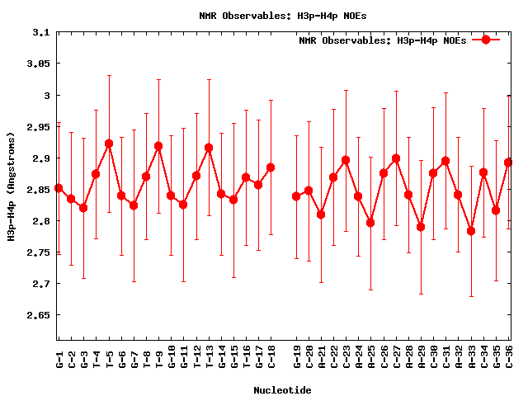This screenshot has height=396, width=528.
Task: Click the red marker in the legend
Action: point(486,40)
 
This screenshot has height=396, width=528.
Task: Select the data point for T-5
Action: point(109,144)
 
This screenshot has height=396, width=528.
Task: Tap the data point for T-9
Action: point(158,146)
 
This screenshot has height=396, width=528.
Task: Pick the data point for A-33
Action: point(471,231)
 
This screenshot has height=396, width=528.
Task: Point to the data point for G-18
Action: point(271,167)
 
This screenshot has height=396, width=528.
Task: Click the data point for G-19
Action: point(296,196)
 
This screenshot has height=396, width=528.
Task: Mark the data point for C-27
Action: point(396,158)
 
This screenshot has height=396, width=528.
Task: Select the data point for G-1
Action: point(59,188)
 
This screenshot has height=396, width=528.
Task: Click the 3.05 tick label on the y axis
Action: point(37,64)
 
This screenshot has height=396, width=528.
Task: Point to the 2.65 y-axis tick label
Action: point(37,315)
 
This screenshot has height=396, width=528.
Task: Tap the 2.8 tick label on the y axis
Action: point(41,221)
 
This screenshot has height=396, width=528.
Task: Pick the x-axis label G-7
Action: point(134,360)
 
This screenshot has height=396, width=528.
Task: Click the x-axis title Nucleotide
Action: point(282,390)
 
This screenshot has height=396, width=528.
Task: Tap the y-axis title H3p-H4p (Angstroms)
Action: point(12,186)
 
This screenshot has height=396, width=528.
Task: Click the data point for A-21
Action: point(321,214)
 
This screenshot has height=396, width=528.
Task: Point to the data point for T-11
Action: point(183,205)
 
